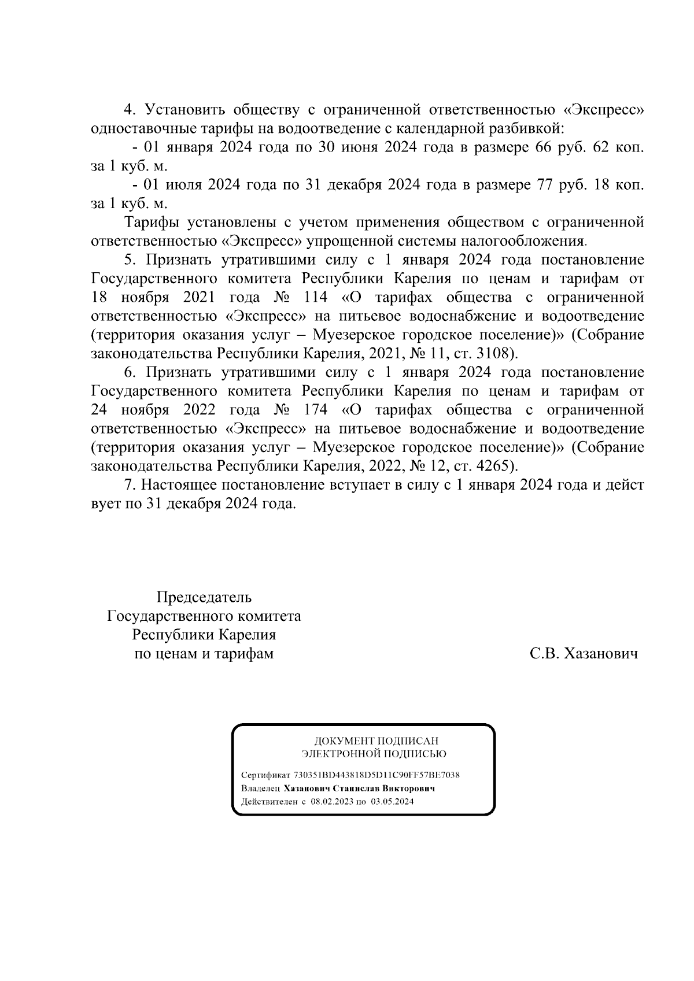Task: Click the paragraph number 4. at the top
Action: point(130,109)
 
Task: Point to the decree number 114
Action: point(314,297)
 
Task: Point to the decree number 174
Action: point(314,410)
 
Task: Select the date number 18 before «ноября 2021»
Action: point(101,297)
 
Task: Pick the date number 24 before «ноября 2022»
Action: point(101,410)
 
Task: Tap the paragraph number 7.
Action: point(130,485)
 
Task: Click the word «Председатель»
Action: point(204,597)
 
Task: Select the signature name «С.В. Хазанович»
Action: point(584,654)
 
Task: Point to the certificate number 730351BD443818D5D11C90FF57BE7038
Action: point(376,775)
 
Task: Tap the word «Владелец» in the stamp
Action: point(260,788)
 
